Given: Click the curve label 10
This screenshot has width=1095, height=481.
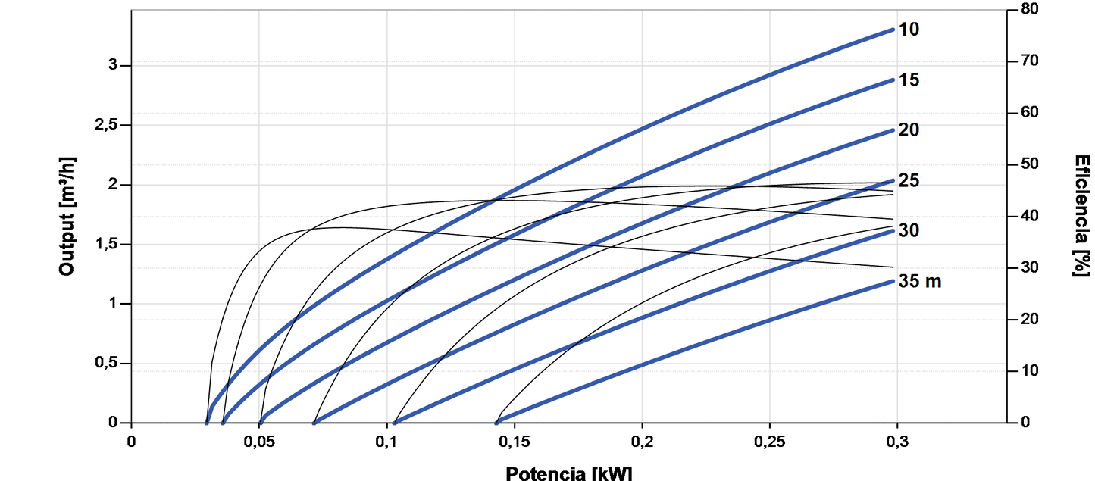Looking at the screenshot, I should click(x=909, y=30).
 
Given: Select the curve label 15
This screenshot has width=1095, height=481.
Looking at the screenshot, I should click(x=909, y=80).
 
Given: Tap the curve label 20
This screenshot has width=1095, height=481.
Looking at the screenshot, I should click(x=909, y=130).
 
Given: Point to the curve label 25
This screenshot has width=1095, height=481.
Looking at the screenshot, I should click(x=909, y=181).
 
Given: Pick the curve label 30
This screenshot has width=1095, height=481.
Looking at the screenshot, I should click(x=909, y=230).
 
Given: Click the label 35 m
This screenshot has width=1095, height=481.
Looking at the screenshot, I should click(x=920, y=281).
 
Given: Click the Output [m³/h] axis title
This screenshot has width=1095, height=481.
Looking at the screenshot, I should click(x=67, y=216).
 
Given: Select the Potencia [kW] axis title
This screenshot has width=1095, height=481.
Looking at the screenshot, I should click(x=568, y=473).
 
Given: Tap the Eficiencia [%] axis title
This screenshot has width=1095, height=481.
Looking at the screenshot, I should click(x=1082, y=216).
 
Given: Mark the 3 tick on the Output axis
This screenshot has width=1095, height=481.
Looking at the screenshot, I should click(x=114, y=66).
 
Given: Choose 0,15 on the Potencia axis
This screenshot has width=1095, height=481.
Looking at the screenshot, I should click(x=515, y=441).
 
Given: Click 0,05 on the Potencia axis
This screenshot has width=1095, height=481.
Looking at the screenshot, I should click(x=259, y=441).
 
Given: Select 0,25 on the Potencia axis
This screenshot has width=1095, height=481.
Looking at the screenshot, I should click(x=770, y=441).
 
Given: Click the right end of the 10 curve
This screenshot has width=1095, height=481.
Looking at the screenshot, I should click(x=894, y=30).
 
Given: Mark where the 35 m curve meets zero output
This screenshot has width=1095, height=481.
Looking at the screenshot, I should click(x=497, y=423).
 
